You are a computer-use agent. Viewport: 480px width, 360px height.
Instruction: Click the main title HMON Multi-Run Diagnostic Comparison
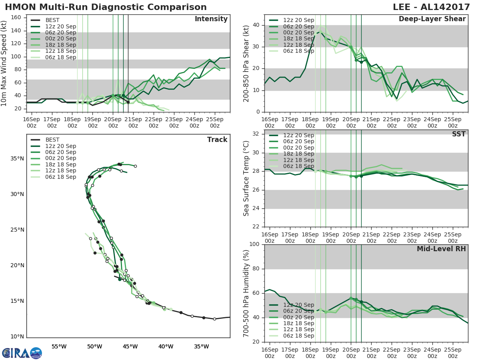click(106, 7)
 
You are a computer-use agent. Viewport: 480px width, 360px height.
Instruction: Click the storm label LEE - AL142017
click(430, 7)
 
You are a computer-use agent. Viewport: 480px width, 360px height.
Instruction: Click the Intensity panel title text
click(211, 19)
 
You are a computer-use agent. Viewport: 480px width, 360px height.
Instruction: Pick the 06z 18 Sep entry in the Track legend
click(60, 177)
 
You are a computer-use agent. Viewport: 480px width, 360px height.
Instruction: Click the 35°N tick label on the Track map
click(17, 159)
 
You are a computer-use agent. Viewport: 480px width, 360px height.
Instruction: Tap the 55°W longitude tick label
click(59, 346)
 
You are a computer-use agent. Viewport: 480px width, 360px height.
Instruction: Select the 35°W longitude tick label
click(201, 346)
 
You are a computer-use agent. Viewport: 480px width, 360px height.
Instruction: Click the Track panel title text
click(217, 140)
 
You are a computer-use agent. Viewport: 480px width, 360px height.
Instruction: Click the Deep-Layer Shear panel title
click(432, 19)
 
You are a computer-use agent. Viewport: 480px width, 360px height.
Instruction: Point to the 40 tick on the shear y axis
click(256, 25)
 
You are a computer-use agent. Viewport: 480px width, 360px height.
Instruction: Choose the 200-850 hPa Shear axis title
click(246, 63)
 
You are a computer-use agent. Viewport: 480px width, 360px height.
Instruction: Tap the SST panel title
click(459, 134)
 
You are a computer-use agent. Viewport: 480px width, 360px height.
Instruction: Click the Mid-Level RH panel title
click(441, 249)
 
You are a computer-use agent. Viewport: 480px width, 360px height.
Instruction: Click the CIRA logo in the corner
click(22, 353)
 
